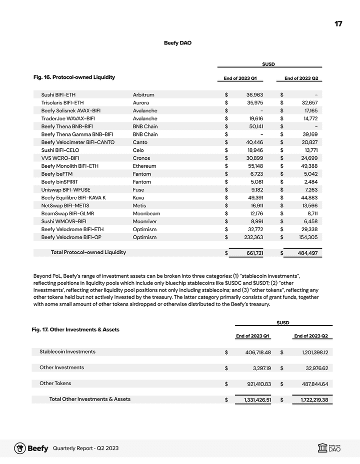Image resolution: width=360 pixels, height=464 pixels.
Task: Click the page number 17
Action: tap(338, 24)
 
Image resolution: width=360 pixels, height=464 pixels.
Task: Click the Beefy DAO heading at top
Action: tap(177, 43)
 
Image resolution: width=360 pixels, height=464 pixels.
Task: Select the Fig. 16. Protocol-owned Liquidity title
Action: tap(74, 77)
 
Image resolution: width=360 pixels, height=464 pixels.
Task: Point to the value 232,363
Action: tap(251, 237)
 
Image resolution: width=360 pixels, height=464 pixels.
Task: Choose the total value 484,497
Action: tap(308, 253)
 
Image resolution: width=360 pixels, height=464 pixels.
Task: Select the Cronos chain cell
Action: tap(142, 158)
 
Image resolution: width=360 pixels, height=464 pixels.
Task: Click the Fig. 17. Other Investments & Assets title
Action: tap(75, 330)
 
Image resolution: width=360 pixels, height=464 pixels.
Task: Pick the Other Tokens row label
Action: tap(55, 384)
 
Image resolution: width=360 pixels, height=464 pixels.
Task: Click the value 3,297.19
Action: tap(259, 368)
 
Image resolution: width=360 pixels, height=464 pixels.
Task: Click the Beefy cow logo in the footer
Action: tap(20, 448)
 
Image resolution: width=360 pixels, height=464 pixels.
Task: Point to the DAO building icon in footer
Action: tap(322, 449)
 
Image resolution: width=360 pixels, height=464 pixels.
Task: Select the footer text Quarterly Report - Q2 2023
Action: tap(85, 449)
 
